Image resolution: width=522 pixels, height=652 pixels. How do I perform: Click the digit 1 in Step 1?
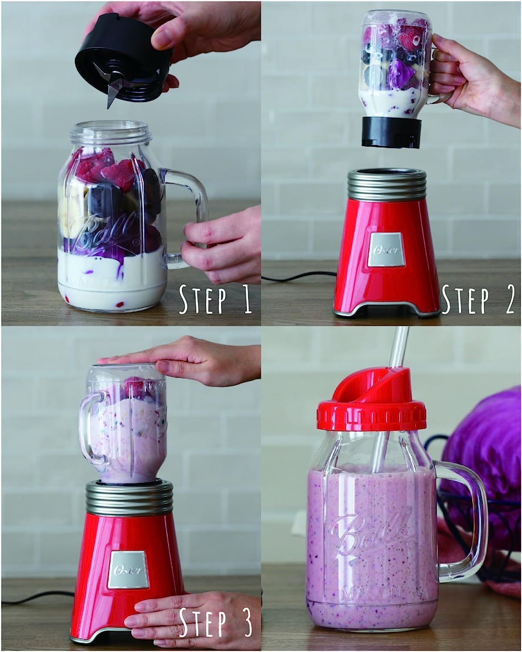tap(247, 299)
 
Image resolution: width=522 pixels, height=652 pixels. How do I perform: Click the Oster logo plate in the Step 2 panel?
tap(386, 249)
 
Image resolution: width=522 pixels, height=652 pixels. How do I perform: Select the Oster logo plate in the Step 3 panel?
tap(128, 570)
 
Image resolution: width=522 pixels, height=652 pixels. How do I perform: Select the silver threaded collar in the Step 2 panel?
tap(386, 186)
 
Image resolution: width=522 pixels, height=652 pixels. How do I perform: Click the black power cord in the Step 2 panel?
tap(299, 276)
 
